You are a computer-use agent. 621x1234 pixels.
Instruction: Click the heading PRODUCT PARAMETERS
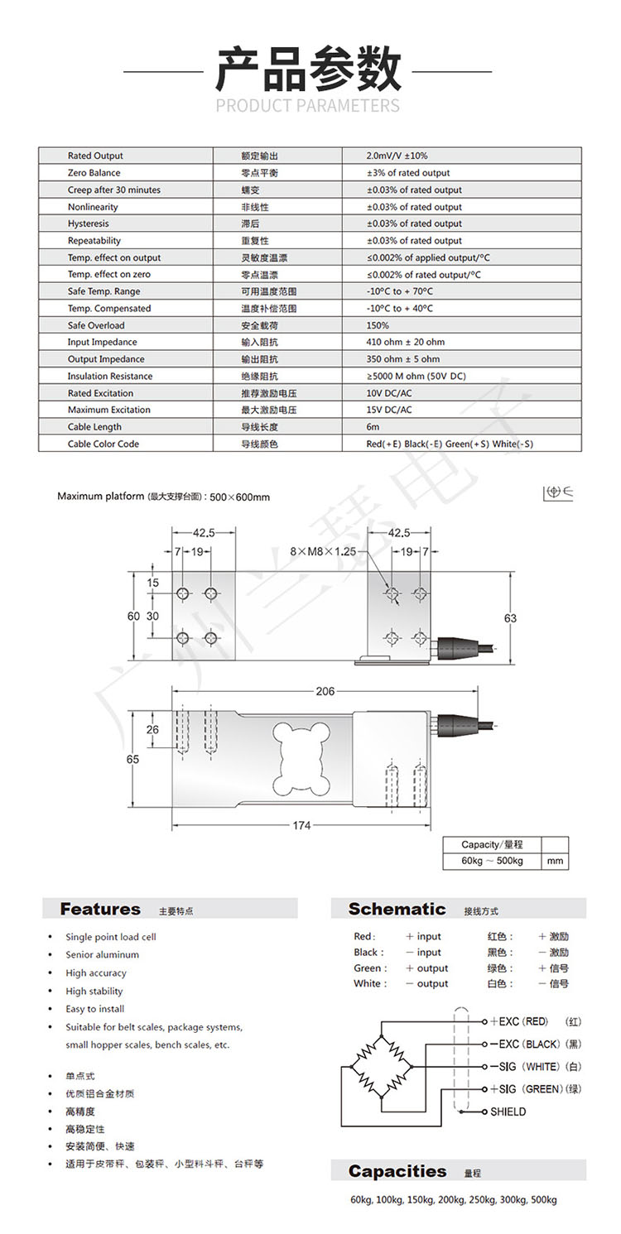[x=307, y=106]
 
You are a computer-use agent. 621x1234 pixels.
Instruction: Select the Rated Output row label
[x=95, y=156]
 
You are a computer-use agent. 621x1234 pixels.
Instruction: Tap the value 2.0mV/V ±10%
[x=397, y=156]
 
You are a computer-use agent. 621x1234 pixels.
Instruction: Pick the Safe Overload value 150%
[x=378, y=325]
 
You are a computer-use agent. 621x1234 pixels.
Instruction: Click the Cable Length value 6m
[x=373, y=427]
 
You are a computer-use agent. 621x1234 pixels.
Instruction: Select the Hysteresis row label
[x=88, y=223]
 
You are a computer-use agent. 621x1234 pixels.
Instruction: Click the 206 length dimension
[x=325, y=692]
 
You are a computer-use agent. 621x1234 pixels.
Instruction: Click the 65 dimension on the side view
[x=133, y=760]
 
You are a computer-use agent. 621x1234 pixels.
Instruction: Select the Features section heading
[x=100, y=910]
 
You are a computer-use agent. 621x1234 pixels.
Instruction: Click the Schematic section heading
[x=397, y=910]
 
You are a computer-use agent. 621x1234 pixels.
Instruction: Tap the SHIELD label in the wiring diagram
[x=508, y=1112]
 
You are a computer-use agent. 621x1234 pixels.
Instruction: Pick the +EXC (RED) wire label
[x=519, y=1021]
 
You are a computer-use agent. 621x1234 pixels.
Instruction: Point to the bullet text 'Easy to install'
[x=95, y=1009]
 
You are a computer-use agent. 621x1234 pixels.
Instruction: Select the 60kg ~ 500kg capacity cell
[x=493, y=861]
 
